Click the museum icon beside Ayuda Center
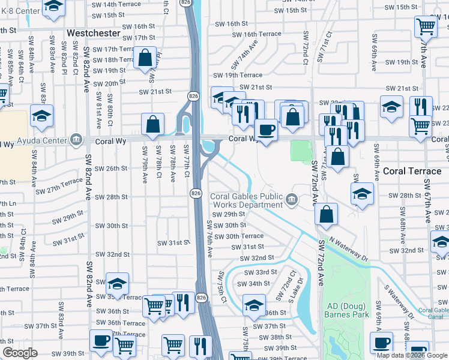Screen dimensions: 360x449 coord(76,140)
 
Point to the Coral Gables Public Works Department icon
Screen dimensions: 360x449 coord(292,200)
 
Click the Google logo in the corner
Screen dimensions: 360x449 coord(20,353)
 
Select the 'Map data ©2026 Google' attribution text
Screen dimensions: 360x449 coord(412,355)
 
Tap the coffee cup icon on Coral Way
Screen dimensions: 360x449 coord(265,129)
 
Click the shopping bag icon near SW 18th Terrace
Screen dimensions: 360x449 coord(145,58)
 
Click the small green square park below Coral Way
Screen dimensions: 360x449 coord(301,151)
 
